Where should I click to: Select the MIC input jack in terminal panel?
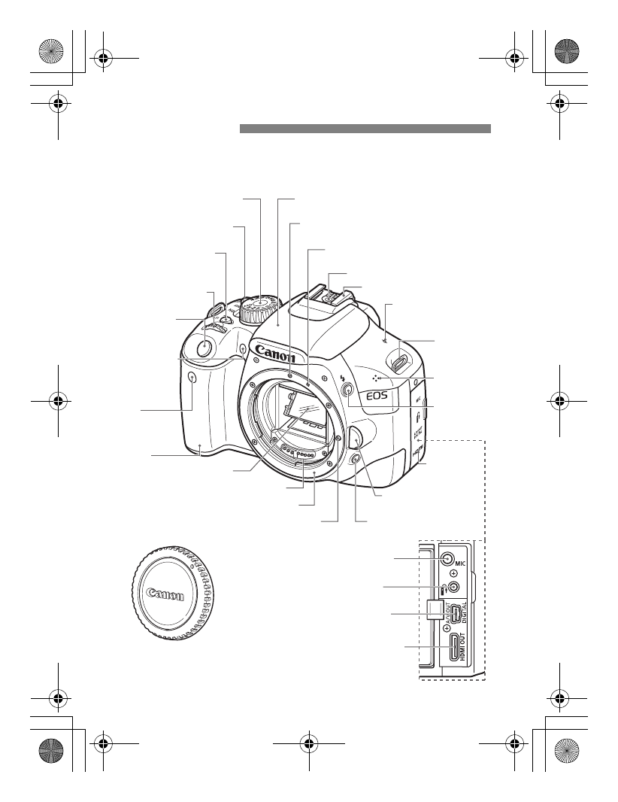click(447, 559)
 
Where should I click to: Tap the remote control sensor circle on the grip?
click(191, 378)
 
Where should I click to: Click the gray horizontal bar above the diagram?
click(365, 129)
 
